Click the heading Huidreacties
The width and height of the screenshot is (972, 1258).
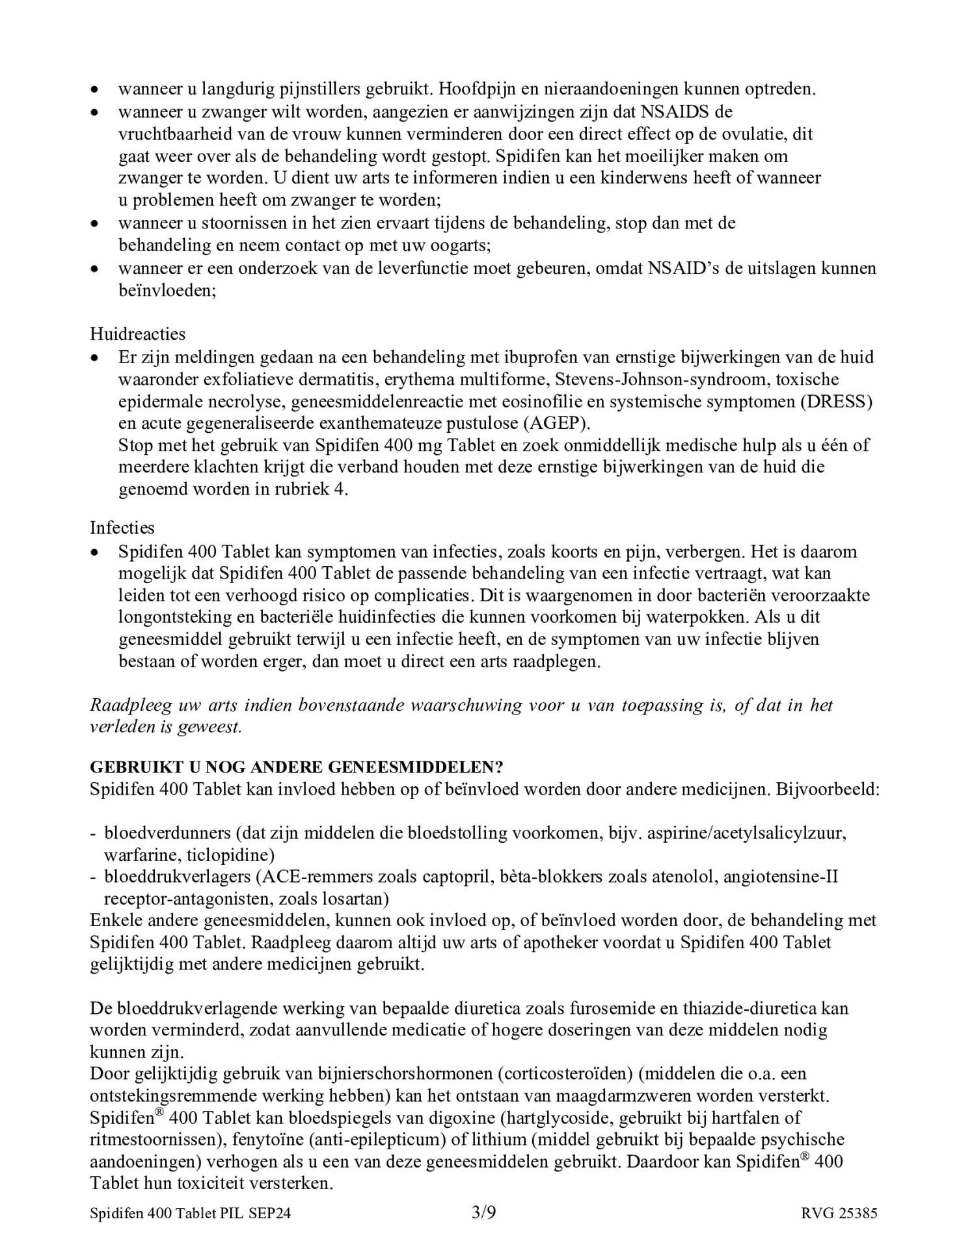(137, 334)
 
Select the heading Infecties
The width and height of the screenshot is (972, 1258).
(122, 527)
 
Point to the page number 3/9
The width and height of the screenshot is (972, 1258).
(484, 1212)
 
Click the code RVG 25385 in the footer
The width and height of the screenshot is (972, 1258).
(839, 1213)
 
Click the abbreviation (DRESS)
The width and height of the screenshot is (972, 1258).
(836, 401)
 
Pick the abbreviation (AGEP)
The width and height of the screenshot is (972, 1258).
(556, 423)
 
